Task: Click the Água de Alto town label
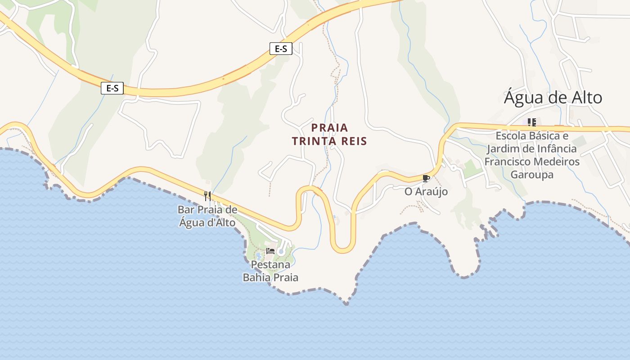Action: point(553,98)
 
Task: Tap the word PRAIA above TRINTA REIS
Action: point(329,128)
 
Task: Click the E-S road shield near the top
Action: point(281,49)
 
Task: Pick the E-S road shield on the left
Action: point(112,88)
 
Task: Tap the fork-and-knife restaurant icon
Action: point(207,196)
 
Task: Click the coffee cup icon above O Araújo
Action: point(426,178)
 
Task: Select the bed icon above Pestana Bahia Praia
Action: point(270,251)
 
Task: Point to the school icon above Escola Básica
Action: point(532,122)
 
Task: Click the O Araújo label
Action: point(426,192)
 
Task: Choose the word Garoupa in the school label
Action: point(532,175)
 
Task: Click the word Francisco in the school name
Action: point(507,162)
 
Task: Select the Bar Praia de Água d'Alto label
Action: point(207,216)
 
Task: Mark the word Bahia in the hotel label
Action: point(257,277)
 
